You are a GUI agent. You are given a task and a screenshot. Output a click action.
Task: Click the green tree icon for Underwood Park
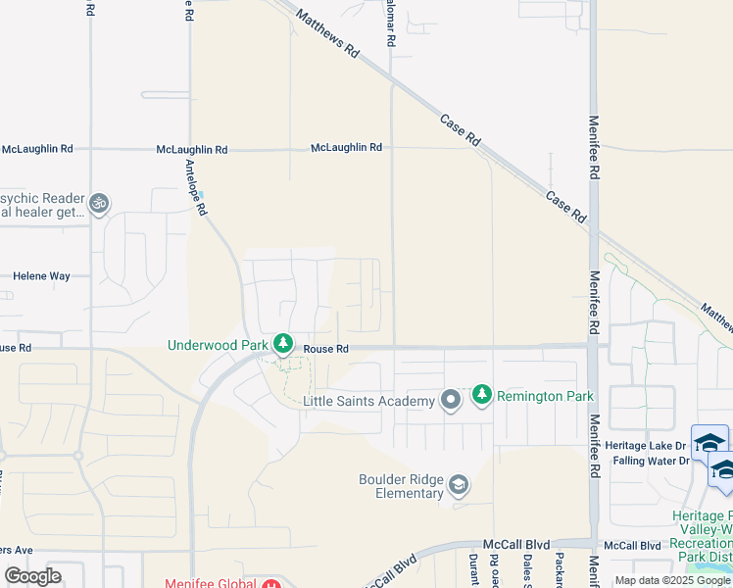click(x=283, y=343)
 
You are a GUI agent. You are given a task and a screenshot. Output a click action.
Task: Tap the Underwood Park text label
click(x=217, y=345)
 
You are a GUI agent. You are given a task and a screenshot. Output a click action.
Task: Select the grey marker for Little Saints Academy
click(x=450, y=400)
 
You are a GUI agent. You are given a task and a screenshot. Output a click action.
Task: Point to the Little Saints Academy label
click(x=367, y=402)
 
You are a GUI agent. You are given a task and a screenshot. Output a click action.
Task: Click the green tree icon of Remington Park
click(x=481, y=395)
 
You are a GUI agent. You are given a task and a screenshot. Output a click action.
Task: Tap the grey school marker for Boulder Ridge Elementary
click(x=458, y=485)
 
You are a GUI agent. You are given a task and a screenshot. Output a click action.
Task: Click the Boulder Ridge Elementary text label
click(x=401, y=486)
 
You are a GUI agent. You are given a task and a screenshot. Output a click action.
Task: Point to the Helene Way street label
click(x=41, y=276)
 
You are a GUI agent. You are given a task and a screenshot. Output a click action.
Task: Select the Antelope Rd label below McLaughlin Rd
click(x=195, y=188)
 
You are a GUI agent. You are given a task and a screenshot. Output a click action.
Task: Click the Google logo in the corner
click(x=32, y=575)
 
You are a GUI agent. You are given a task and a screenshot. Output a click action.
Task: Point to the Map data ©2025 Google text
click(x=672, y=580)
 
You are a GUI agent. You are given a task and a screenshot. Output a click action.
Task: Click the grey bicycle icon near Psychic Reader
click(x=97, y=204)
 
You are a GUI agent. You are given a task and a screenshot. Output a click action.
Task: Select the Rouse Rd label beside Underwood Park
click(x=325, y=349)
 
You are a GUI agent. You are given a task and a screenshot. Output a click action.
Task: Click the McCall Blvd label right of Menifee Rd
click(x=632, y=545)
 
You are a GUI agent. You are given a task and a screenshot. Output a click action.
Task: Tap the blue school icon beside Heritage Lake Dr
click(x=709, y=441)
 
